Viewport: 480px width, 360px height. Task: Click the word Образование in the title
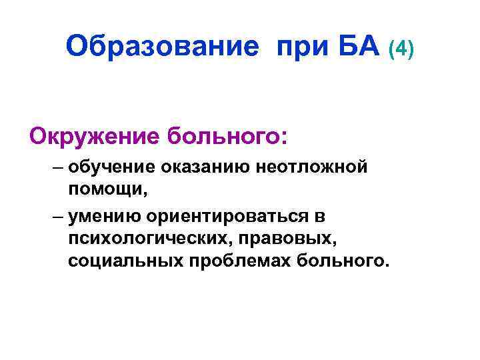tap(162, 47)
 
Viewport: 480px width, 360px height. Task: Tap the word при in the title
tap(299, 47)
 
